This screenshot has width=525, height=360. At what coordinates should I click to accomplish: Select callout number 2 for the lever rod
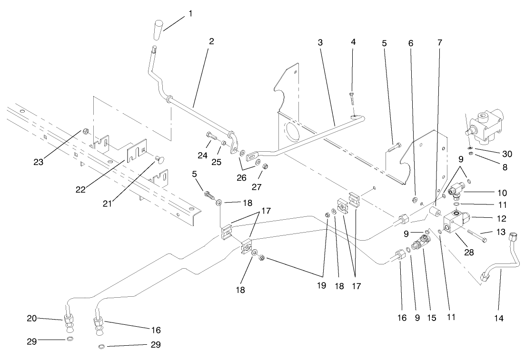211,41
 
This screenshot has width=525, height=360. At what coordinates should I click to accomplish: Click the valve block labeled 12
456,222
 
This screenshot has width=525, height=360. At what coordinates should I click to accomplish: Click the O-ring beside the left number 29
70,339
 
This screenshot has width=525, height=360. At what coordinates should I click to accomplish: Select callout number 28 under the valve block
469,252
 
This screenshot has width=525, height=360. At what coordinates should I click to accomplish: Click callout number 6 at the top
411,42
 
